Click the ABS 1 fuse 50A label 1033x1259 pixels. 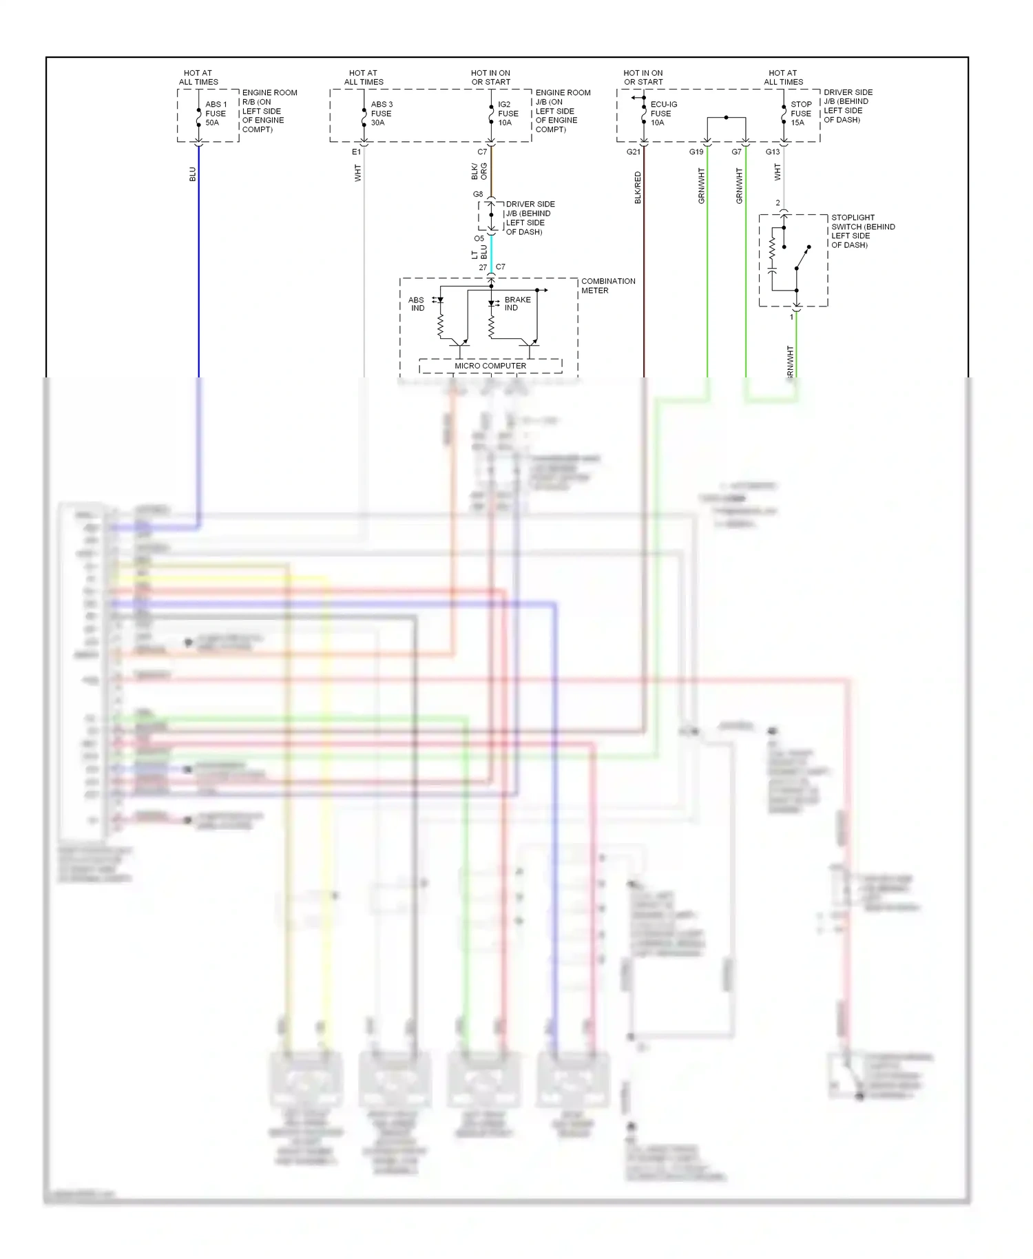[216, 114]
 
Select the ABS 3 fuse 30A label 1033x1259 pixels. [382, 114]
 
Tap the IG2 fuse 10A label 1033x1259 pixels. [508, 114]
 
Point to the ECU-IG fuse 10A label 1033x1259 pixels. [663, 114]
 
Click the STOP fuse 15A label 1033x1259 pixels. [801, 114]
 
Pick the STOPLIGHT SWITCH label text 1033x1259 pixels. [862, 231]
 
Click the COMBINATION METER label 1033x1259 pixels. [607, 286]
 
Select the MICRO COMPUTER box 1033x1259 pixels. [490, 366]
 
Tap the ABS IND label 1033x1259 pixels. [417, 304]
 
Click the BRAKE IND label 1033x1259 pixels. [517, 304]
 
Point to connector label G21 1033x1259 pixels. [633, 152]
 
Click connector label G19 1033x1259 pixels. [696, 152]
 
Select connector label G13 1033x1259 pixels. [773, 152]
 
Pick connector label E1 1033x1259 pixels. [356, 152]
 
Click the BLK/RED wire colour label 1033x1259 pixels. [638, 187]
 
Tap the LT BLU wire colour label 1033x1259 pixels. [479, 252]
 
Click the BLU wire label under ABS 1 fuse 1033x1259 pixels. [193, 174]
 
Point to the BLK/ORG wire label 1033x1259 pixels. [479, 171]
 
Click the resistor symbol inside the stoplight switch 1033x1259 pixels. [773, 249]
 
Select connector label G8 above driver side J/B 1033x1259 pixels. [478, 194]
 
